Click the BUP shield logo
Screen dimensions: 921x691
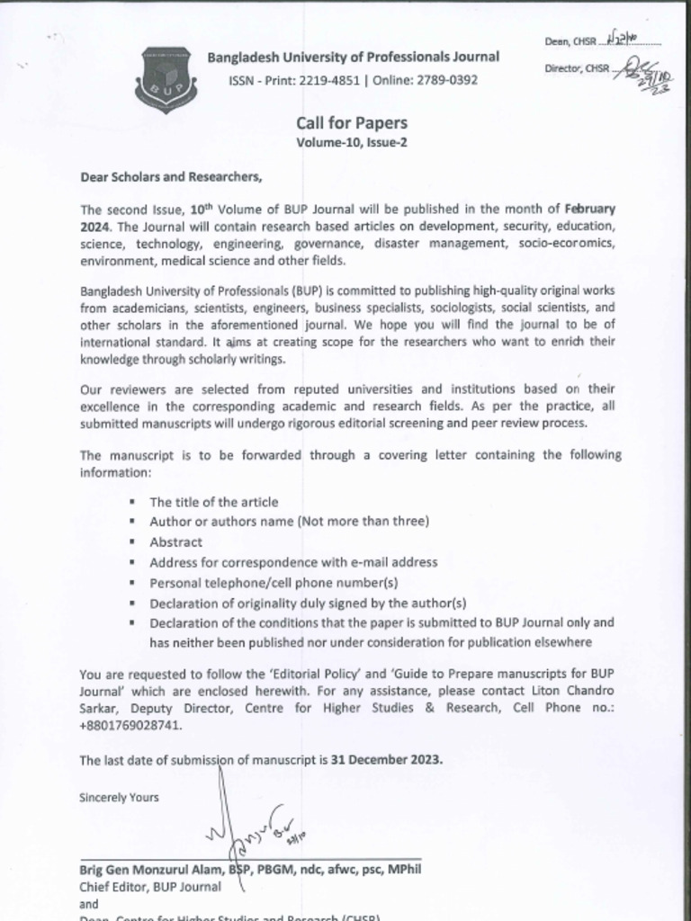coord(165,80)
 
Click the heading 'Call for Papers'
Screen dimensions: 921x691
coord(351,123)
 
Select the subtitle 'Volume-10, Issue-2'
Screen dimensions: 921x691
coord(351,142)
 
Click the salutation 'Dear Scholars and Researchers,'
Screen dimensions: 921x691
coord(171,176)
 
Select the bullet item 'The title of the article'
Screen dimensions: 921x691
coord(213,502)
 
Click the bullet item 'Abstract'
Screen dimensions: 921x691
coord(175,542)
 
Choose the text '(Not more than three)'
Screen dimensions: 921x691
coord(363,522)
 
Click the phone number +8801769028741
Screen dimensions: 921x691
coord(130,724)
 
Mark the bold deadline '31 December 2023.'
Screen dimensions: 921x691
coord(387,759)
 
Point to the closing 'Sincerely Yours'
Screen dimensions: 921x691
coord(119,797)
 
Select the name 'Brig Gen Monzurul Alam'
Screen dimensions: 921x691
coord(149,870)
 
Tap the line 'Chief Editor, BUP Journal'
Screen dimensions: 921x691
coord(150,887)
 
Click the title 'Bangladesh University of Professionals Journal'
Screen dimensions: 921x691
coord(354,58)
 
